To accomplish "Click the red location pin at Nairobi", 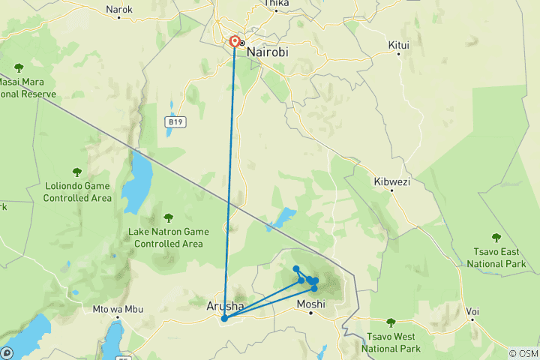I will coord(235,42).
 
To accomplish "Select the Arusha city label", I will coord(224,306).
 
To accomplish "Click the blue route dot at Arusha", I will coord(224,318).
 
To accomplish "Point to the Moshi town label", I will coord(310,304).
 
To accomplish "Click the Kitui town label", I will coord(399,45).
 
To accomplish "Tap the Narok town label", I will coord(119,10).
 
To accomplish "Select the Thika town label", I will coord(276,4).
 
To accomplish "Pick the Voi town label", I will coord(472,310).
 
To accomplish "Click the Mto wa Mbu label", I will coord(117,309).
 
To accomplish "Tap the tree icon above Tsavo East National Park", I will coord(495,238).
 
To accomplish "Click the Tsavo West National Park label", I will coord(390,342).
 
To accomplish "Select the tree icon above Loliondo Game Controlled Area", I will coord(77,172).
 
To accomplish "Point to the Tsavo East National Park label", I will coord(496,258).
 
